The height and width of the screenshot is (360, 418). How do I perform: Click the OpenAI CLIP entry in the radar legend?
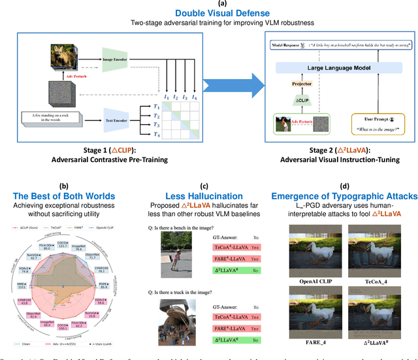(x=112, y=230)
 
